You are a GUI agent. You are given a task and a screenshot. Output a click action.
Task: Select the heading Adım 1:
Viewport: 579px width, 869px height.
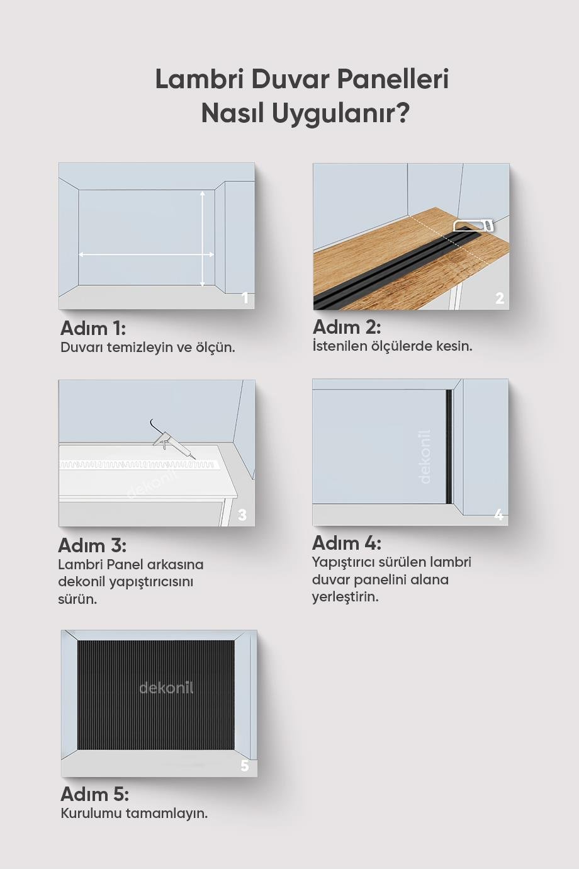coord(93,328)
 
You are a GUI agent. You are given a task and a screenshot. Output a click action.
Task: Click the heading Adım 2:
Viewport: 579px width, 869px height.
coord(347,327)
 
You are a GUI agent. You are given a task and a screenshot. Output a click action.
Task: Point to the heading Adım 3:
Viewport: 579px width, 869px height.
coord(92,545)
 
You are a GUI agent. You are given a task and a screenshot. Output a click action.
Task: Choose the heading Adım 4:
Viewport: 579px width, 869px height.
coord(347,543)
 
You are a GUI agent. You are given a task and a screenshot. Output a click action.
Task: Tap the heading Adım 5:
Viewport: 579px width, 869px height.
coord(94,793)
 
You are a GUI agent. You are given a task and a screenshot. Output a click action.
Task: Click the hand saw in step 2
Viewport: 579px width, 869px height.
coord(475,225)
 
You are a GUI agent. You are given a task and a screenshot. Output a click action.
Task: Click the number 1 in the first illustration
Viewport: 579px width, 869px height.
coord(245,298)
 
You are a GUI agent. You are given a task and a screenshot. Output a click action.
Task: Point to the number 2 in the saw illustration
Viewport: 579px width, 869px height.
coord(499,298)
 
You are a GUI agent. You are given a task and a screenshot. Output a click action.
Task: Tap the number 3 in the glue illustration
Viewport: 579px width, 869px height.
coord(242,515)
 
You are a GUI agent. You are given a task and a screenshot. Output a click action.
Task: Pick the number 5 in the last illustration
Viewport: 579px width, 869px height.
coord(244,766)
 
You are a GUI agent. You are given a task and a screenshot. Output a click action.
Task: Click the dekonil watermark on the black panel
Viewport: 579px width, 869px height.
coord(166,688)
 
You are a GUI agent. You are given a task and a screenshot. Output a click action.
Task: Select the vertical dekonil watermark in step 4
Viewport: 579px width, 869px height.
coord(425,457)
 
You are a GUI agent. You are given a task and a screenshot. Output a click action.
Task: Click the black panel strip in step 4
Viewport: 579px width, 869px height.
coord(449,446)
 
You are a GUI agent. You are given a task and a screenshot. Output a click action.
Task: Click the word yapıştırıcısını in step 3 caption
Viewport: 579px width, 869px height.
coord(151,582)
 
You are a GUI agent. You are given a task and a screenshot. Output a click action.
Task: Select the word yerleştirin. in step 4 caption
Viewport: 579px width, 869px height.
coord(345,596)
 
